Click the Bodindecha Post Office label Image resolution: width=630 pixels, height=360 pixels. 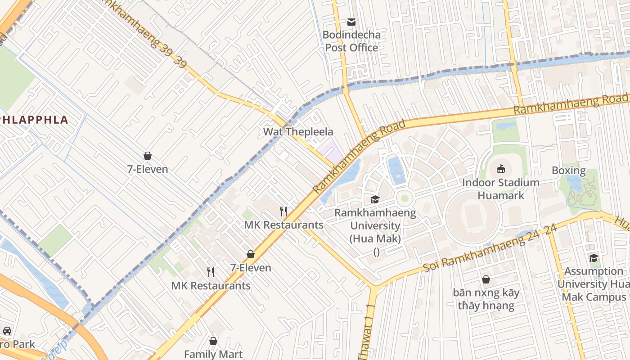351,41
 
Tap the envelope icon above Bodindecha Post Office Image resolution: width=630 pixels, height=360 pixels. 351,22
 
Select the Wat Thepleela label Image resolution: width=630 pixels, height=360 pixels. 298,132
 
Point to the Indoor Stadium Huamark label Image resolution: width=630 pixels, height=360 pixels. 500,189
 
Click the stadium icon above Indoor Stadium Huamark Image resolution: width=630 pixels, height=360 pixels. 500,169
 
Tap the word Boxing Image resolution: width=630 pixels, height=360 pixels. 568,171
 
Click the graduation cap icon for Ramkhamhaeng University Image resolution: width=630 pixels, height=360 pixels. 375,199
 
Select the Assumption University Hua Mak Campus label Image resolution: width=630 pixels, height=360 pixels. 593,284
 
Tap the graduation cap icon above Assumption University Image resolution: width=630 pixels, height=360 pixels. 594,258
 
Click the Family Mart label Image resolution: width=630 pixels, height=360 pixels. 213,354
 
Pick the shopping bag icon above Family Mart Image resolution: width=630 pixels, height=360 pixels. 213,341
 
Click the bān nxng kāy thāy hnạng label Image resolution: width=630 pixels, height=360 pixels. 486,299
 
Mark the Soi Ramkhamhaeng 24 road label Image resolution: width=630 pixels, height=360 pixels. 490,248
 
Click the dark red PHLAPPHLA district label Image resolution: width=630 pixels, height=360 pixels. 34,120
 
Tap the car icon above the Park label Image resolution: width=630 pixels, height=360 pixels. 7,331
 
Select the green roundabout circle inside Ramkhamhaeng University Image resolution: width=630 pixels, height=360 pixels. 405,198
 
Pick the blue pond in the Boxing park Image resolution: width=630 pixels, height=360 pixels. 574,183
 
